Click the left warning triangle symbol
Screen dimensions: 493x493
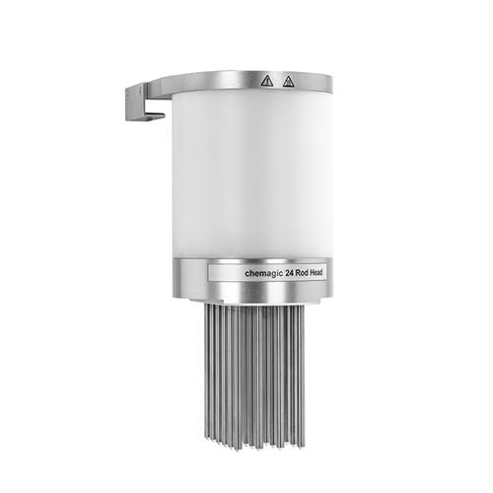[266, 79]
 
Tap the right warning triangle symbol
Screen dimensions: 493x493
[288, 79]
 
